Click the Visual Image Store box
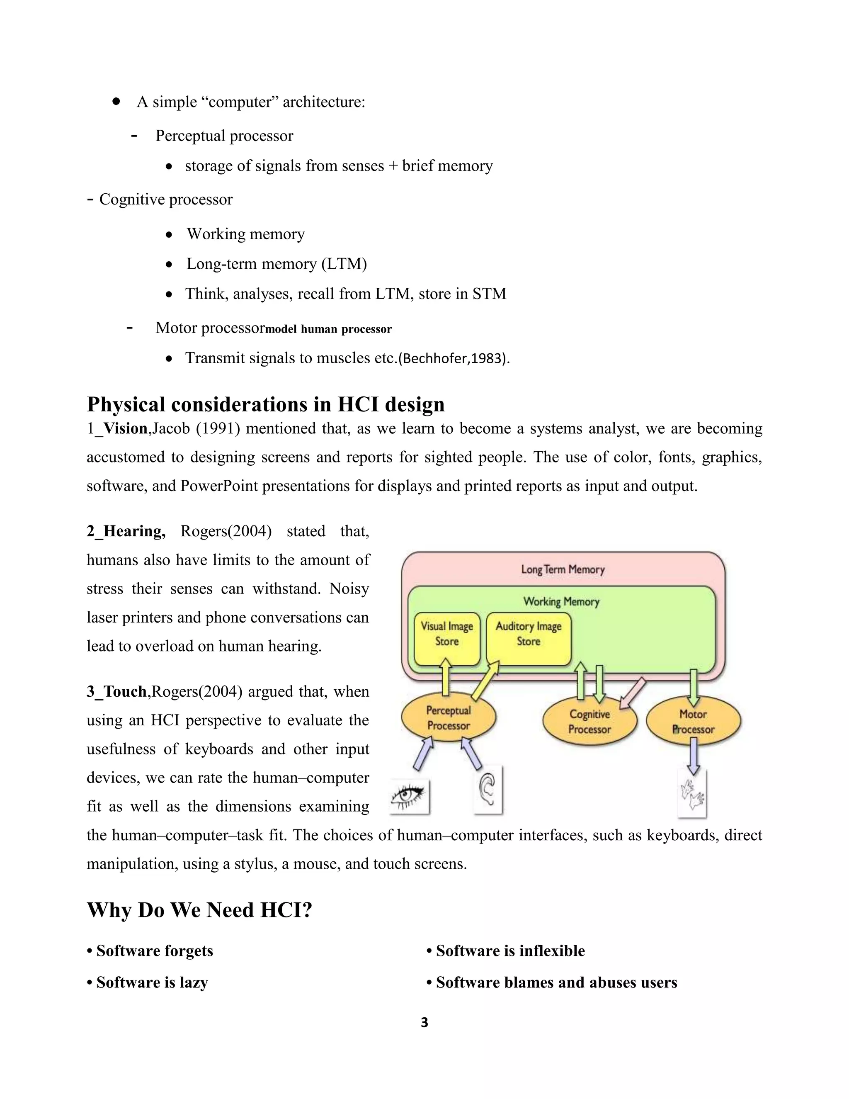pyautogui.click(x=446, y=638)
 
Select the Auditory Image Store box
pyautogui.click(x=529, y=638)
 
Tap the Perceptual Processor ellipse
pyautogui.click(x=448, y=718)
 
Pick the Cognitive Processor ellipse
pyautogui.click(x=589, y=722)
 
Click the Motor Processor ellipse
pyautogui.click(x=693, y=722)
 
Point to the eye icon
pyautogui.click(x=410, y=797)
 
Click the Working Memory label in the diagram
pyautogui.click(x=561, y=601)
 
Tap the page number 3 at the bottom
pyautogui.click(x=424, y=1022)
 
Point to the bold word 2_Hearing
pyautogui.click(x=126, y=531)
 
